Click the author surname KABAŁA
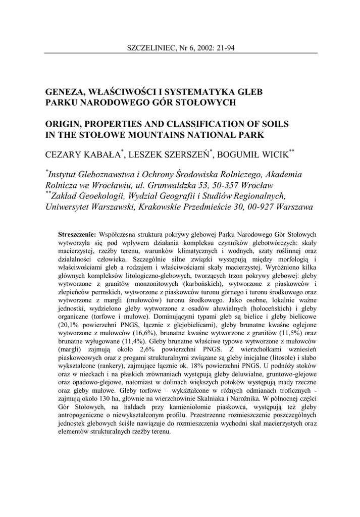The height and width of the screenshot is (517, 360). click(103, 152)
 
